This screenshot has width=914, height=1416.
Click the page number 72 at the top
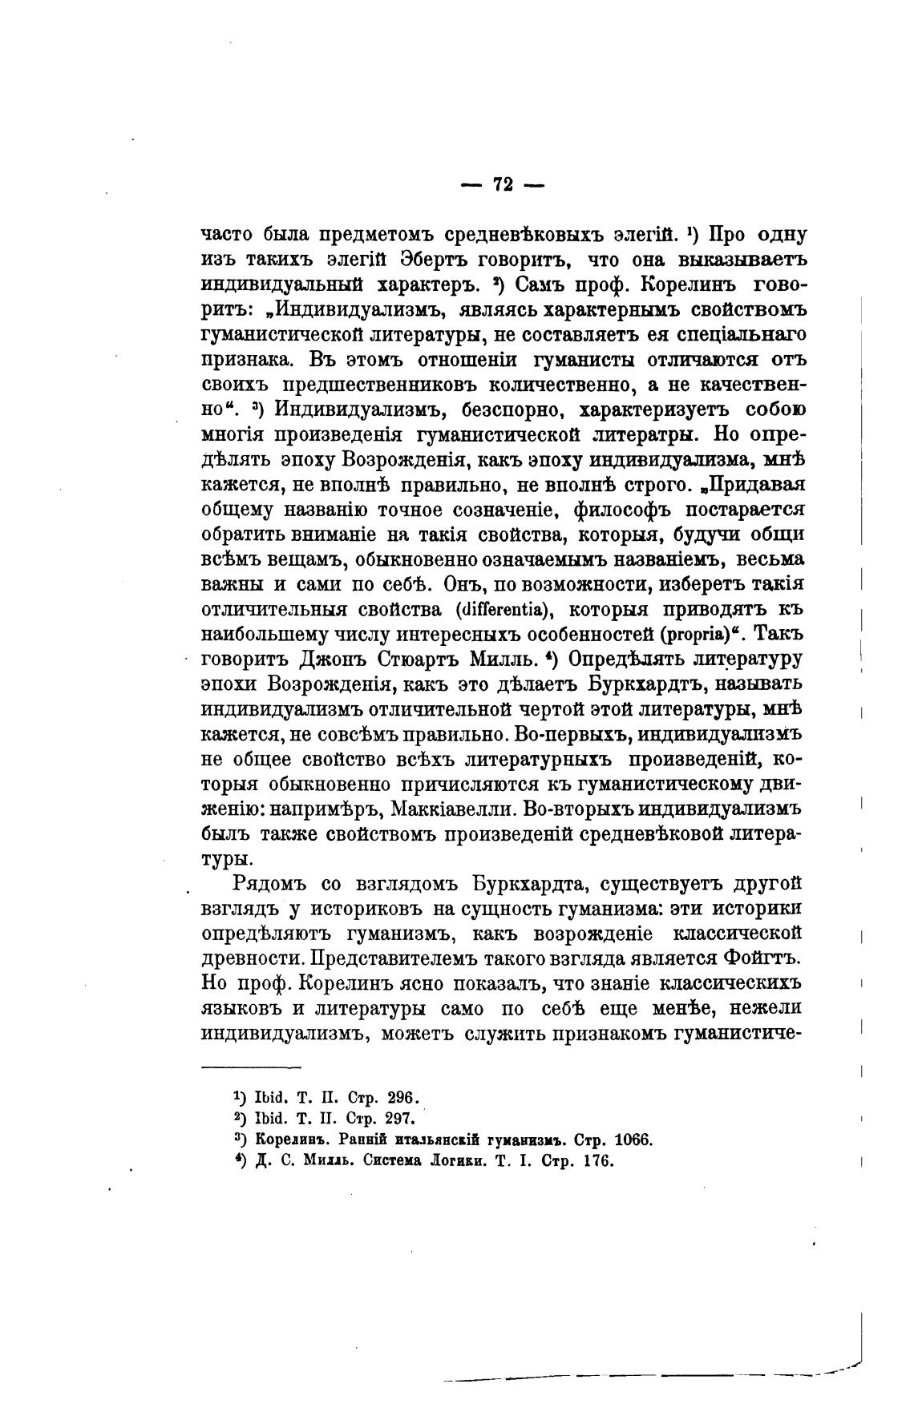tap(503, 185)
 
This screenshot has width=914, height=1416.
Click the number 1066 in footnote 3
tap(631, 1140)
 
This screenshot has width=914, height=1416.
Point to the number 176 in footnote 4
tap(594, 1161)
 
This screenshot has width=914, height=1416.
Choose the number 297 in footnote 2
tap(398, 1119)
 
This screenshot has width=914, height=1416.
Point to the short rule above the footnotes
tap(250, 1067)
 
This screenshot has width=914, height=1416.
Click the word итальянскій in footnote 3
tap(431, 1140)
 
